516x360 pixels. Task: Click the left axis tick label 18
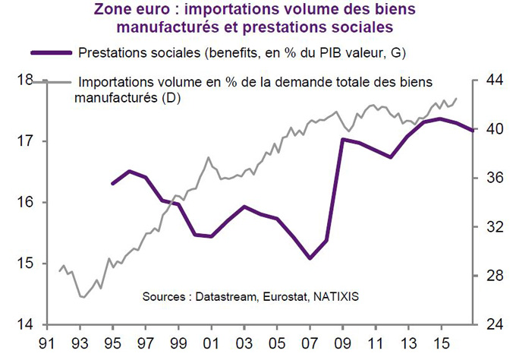click(25, 79)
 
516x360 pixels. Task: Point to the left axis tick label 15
click(25, 264)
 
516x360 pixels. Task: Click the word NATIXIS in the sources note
click(335, 295)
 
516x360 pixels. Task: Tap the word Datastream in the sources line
click(222, 295)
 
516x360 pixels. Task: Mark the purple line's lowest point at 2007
click(310, 259)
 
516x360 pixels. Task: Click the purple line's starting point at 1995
click(112, 184)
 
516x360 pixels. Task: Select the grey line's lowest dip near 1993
click(82, 297)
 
